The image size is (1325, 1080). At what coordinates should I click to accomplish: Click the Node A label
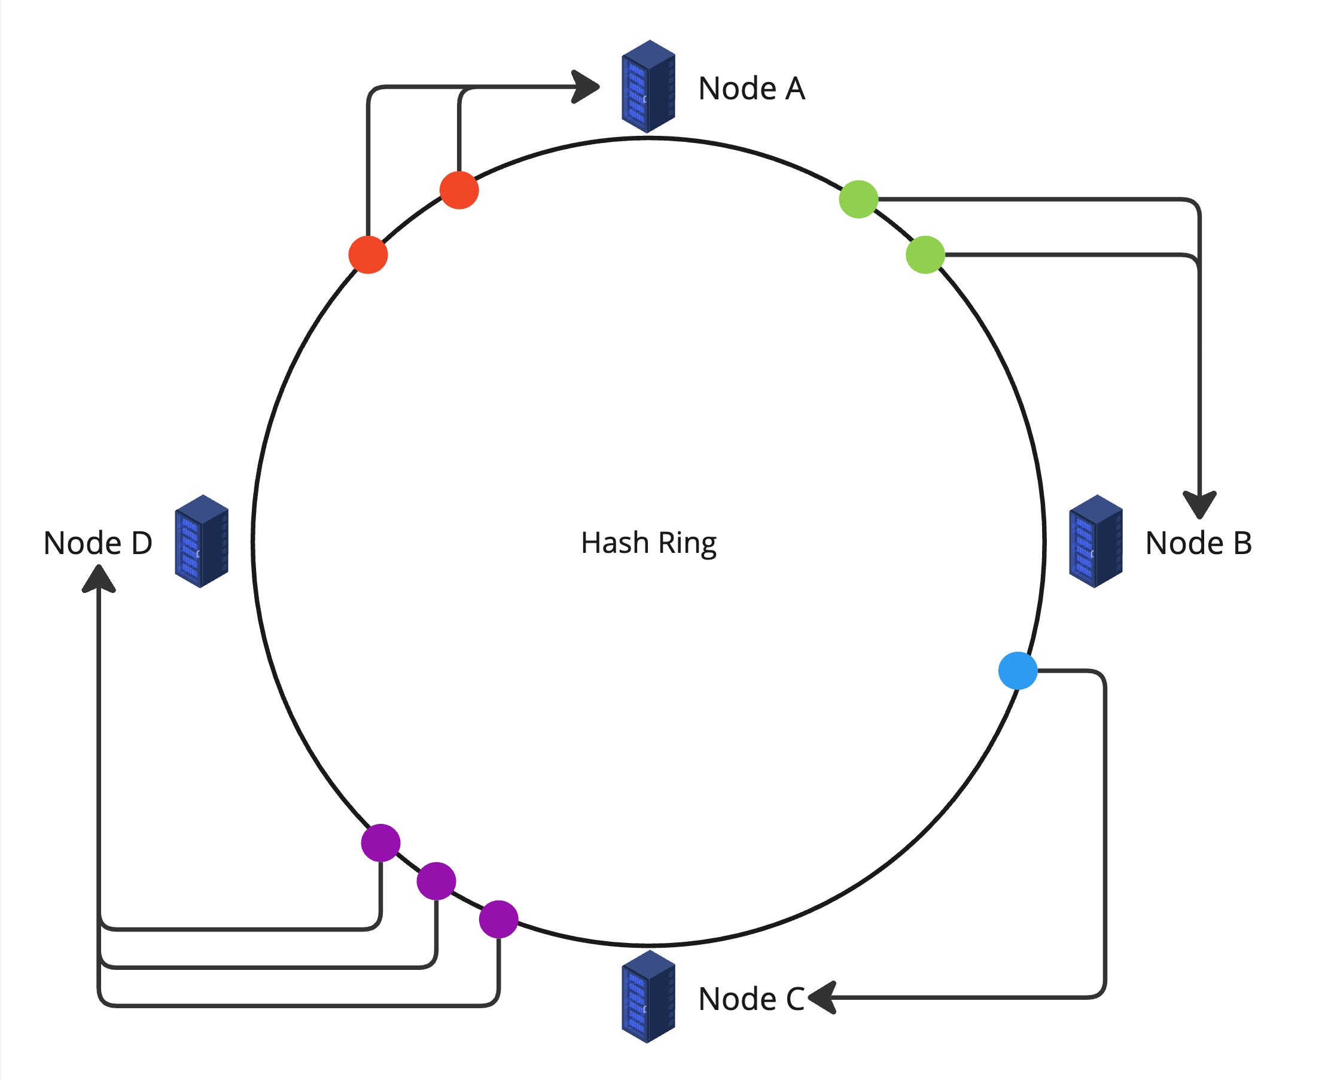click(x=751, y=88)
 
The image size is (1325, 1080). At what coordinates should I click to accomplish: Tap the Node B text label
click(x=1198, y=543)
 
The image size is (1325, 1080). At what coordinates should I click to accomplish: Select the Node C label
click(x=751, y=999)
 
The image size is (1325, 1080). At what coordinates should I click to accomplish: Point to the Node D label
click(x=98, y=543)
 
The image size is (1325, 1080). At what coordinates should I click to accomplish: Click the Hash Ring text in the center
click(x=648, y=543)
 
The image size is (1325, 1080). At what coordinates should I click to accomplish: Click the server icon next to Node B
click(x=1095, y=541)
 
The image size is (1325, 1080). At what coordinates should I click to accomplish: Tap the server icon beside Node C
click(x=648, y=997)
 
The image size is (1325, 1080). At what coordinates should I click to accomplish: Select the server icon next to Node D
click(x=202, y=541)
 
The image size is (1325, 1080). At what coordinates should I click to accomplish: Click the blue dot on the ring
click(x=1018, y=671)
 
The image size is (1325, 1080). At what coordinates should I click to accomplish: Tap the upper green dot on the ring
click(x=858, y=199)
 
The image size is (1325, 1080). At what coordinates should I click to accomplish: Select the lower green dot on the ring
click(x=925, y=254)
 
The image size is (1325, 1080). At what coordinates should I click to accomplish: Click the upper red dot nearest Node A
click(x=459, y=190)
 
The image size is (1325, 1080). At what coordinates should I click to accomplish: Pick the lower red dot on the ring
click(x=368, y=254)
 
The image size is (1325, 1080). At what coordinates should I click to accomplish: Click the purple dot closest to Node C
click(x=498, y=919)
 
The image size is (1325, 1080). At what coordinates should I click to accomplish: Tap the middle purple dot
click(x=436, y=881)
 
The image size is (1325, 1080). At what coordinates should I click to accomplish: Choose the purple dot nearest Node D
click(x=380, y=843)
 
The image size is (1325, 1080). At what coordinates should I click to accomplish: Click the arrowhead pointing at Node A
click(x=586, y=87)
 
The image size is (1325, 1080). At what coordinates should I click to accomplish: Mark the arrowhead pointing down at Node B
click(x=1199, y=504)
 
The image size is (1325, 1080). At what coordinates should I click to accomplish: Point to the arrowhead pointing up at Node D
click(x=98, y=579)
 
